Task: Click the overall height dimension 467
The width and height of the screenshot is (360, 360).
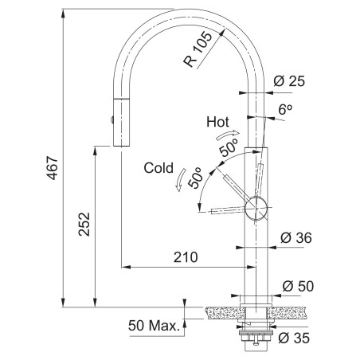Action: point(53,168)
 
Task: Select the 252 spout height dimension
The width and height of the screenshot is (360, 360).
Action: point(84,224)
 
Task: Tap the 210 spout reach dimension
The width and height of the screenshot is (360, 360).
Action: point(186,257)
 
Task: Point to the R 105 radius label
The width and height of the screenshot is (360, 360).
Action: point(198,49)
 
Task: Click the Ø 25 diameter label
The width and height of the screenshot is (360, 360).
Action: point(289,81)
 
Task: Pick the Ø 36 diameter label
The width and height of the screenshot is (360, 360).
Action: point(296,237)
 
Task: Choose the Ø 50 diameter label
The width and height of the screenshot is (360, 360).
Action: point(298,286)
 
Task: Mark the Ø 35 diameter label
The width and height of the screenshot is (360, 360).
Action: point(294,338)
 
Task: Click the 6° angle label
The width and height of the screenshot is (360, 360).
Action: point(285,110)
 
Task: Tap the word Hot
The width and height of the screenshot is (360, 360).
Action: point(217,122)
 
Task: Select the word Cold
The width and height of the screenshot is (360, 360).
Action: point(158,168)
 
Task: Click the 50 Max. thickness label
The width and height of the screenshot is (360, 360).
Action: point(154,326)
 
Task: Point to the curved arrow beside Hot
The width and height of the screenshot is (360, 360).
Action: point(228,135)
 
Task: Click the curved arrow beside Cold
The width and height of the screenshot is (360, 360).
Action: point(181,180)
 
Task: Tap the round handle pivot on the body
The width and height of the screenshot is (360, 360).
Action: point(256,208)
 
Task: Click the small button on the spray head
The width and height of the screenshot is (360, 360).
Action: point(112,119)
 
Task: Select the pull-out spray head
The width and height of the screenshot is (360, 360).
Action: point(121,122)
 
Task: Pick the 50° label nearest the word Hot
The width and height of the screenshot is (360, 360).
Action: point(229,148)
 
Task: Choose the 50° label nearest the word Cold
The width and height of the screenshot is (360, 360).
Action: point(196,178)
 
